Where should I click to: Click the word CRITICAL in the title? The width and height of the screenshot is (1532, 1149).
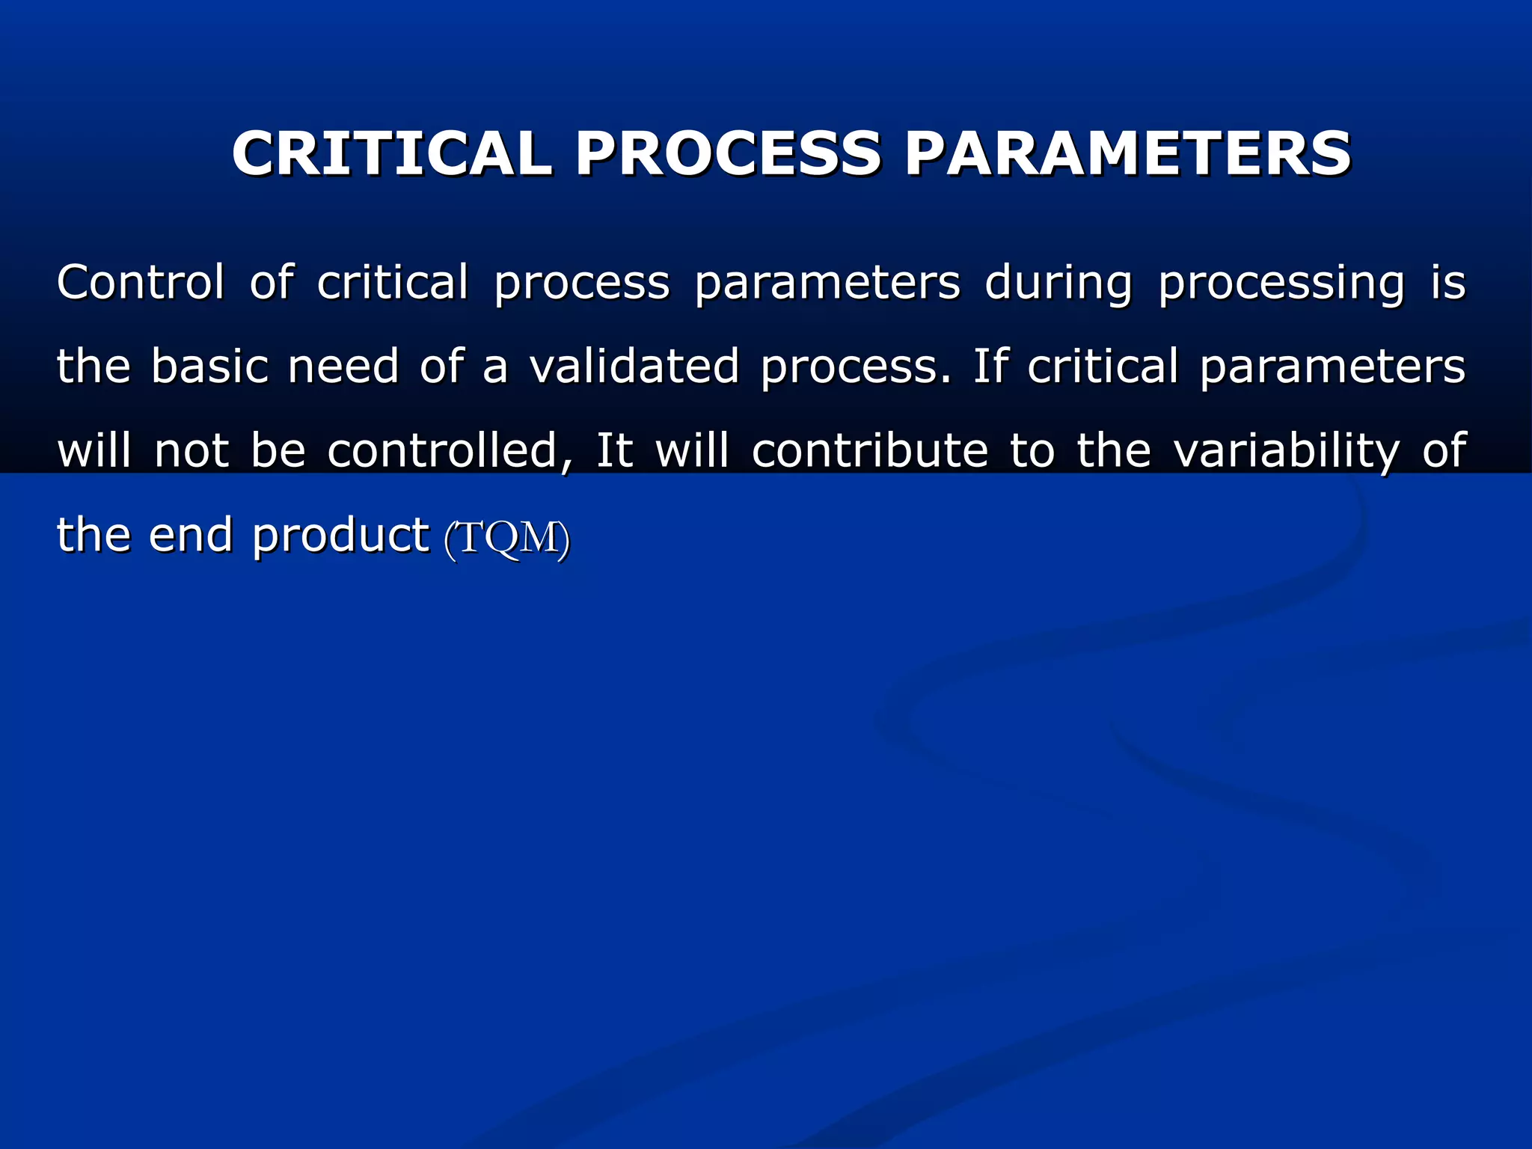[x=392, y=153]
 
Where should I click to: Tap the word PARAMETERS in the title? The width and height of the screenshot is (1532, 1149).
[x=1128, y=153]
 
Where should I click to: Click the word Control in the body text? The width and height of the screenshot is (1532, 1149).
[x=141, y=283]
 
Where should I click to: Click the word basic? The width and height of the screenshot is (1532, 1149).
[x=209, y=367]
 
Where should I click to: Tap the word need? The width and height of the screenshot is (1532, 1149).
[x=343, y=367]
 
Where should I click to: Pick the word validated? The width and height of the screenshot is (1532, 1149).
[x=634, y=367]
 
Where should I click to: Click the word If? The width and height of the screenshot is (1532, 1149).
[x=989, y=367]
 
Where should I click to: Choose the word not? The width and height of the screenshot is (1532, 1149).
[x=191, y=450]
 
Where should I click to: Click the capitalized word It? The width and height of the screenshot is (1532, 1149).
[x=614, y=450]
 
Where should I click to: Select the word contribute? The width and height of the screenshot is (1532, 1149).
[x=870, y=450]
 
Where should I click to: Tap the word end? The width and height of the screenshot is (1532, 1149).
[x=191, y=535]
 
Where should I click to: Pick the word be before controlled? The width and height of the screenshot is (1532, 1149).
[x=278, y=450]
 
